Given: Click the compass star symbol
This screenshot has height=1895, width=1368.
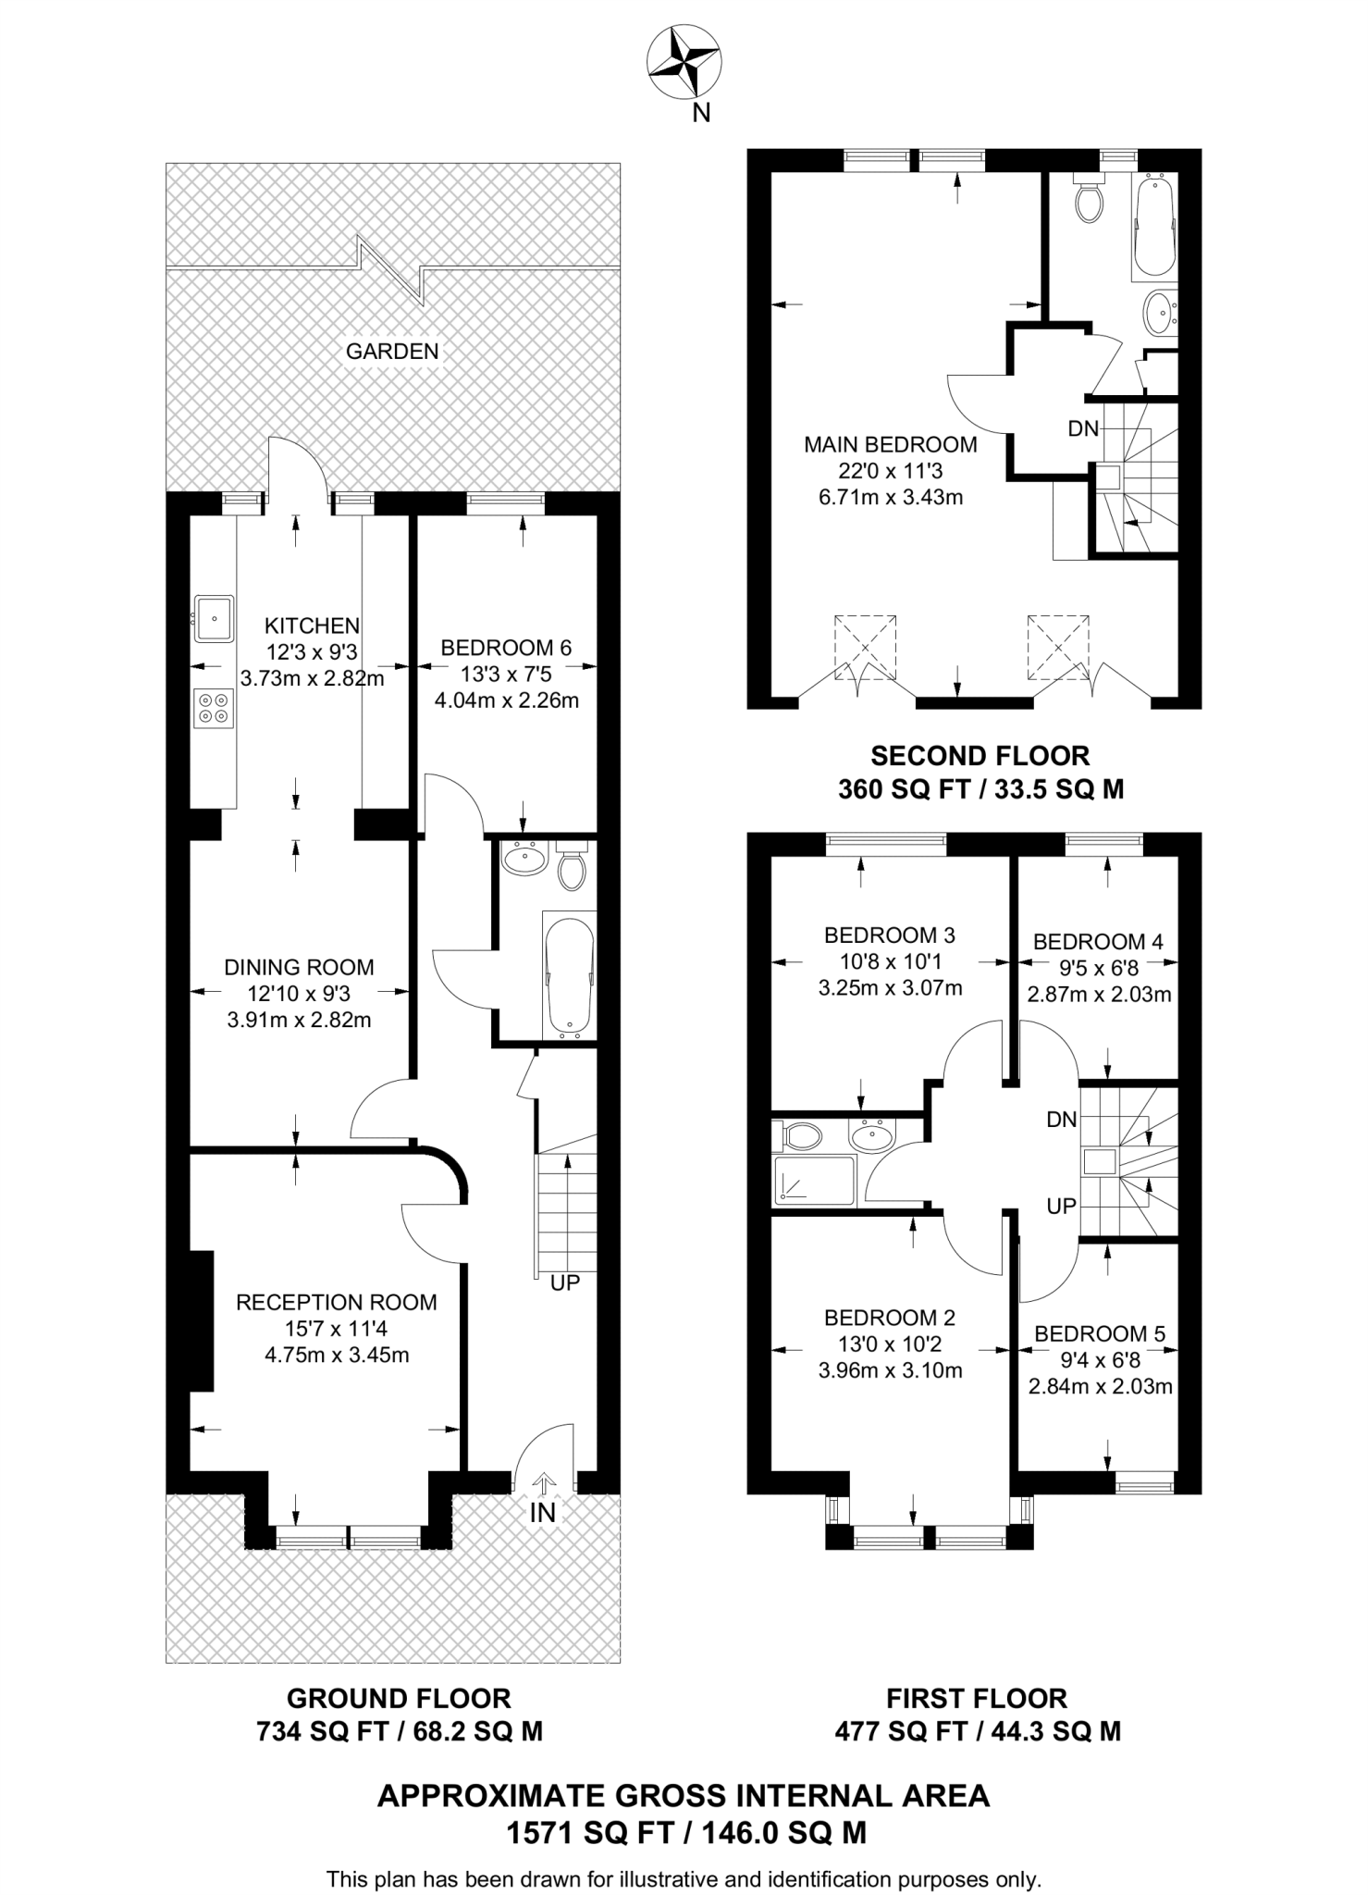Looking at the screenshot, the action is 684,62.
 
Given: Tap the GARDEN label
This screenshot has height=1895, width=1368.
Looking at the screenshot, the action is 392,352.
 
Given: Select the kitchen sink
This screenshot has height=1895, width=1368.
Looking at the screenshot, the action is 214,617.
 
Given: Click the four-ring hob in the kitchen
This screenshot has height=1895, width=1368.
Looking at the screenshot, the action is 214,708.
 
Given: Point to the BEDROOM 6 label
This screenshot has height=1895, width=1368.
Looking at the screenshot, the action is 506,648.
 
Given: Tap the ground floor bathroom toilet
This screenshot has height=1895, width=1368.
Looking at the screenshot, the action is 573,867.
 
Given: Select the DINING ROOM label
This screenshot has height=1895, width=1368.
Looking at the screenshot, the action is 299,968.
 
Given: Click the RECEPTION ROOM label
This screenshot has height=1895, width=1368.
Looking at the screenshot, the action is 337,1303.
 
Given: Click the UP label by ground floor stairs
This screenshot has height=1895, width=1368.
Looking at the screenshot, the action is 564,1284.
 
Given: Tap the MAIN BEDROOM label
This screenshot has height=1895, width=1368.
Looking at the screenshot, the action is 890,445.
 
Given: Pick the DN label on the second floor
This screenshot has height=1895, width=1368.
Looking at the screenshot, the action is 1083,429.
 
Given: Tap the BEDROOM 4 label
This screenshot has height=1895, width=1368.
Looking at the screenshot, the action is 1098,942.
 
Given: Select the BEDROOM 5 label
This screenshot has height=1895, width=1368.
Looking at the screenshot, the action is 1100,1334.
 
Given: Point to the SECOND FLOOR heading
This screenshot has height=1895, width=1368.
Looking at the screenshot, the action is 980,756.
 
